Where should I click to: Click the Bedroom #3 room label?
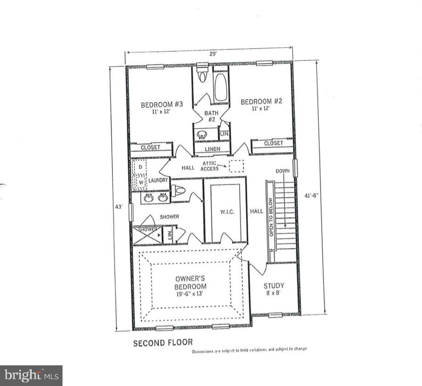[162, 104]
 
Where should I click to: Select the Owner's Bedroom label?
[190, 282]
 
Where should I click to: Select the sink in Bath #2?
[201, 135]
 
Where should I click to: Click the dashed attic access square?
[237, 166]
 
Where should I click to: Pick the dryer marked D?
[140, 167]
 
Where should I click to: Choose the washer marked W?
[140, 182]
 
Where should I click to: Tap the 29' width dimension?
[213, 54]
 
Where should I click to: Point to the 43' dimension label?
[119, 207]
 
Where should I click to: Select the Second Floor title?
[163, 342]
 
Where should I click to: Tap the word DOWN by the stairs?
[282, 171]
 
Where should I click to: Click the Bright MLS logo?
[31, 375]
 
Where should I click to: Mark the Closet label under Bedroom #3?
[150, 148]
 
